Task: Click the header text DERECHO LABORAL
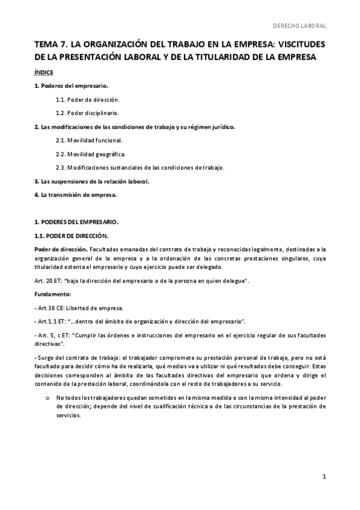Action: click(x=299, y=26)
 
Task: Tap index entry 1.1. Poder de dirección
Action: click(x=87, y=99)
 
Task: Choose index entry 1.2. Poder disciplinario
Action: click(x=87, y=112)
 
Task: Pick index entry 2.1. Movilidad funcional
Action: click(x=89, y=140)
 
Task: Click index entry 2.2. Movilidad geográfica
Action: click(x=91, y=154)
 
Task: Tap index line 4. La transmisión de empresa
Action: click(x=75, y=194)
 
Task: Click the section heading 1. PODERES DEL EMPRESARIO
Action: click(x=76, y=222)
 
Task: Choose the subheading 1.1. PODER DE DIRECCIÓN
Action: click(x=72, y=235)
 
